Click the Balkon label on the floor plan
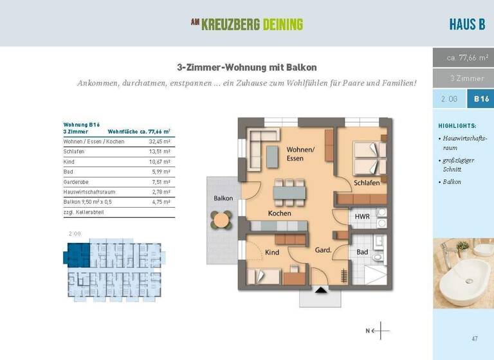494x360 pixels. tap(223, 198)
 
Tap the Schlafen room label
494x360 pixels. tap(366, 183)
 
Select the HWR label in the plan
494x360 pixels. tap(362, 217)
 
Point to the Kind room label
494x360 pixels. tap(272, 253)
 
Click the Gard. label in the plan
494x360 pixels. tap(322, 249)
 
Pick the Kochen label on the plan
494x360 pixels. tap(280, 213)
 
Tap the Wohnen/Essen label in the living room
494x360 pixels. tap(300, 154)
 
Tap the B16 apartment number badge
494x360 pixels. tap(481, 99)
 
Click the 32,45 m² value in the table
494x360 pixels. tap(160, 141)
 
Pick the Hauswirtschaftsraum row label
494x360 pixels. tap(89, 192)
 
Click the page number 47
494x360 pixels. tap(474, 338)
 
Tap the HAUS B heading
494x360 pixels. tap(467, 25)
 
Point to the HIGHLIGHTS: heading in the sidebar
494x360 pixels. tap(457, 126)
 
